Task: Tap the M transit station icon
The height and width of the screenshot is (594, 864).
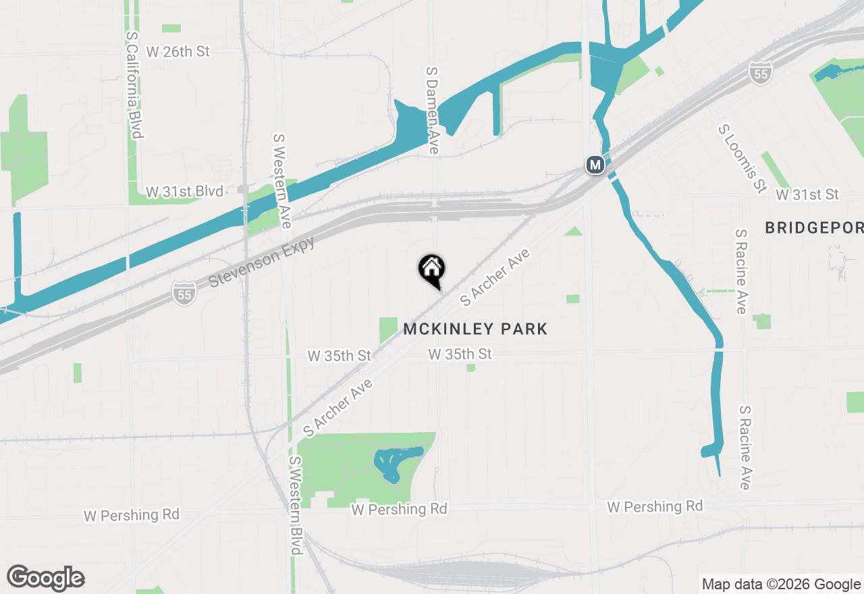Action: click(x=595, y=165)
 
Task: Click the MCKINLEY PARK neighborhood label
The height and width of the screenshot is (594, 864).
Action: click(x=475, y=329)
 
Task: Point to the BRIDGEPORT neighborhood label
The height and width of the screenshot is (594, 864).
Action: click(x=813, y=228)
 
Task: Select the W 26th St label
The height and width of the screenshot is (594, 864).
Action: click(x=178, y=51)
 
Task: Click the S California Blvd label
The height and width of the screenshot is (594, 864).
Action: click(x=134, y=84)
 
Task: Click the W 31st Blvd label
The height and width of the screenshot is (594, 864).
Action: click(x=184, y=192)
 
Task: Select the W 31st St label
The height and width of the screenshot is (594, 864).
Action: click(x=807, y=195)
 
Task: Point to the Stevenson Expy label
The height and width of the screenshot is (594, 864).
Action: click(x=261, y=261)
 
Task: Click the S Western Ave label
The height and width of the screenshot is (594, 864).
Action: click(x=281, y=180)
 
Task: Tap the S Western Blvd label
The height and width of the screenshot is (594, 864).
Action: click(x=296, y=506)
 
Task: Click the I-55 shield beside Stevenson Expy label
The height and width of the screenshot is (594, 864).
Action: click(x=184, y=292)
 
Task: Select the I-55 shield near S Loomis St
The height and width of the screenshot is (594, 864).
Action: click(x=760, y=74)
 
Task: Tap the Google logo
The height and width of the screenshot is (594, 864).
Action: click(x=46, y=578)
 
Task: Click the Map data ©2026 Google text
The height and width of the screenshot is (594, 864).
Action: click(x=781, y=585)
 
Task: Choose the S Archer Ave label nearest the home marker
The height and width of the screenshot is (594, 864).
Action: click(x=495, y=277)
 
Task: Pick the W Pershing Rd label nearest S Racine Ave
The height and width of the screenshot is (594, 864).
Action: click(x=655, y=506)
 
